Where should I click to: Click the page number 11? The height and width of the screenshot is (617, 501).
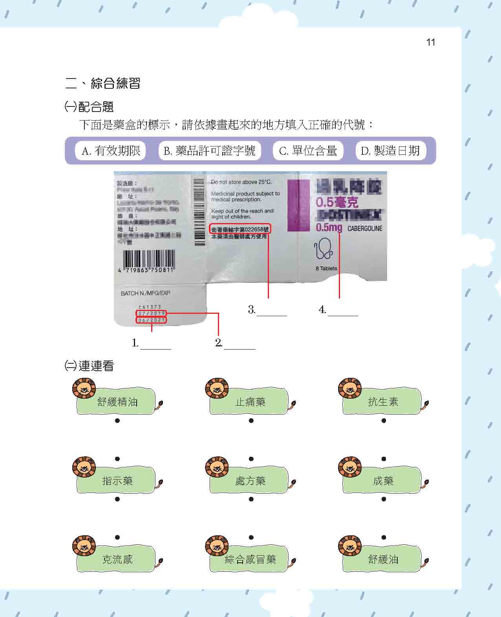pyautogui.click(x=430, y=42)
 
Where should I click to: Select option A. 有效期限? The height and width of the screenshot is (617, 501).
pyautogui.click(x=110, y=151)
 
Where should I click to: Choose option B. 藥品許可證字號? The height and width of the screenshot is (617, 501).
pyautogui.click(x=209, y=151)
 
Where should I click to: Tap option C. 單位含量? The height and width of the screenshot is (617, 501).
pyautogui.click(x=308, y=151)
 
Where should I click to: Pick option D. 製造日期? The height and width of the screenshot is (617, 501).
pyautogui.click(x=390, y=151)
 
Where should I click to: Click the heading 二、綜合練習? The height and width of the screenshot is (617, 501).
pyautogui.click(x=103, y=83)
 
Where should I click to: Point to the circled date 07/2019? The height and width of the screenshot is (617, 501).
pyautogui.click(x=152, y=313)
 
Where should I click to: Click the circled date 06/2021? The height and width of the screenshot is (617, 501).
pyautogui.click(x=152, y=320)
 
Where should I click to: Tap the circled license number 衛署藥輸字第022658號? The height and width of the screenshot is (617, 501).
pyautogui.click(x=240, y=229)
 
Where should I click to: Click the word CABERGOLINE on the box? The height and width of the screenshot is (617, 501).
pyautogui.click(x=365, y=229)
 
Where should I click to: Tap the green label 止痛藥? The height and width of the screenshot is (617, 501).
pyautogui.click(x=250, y=402)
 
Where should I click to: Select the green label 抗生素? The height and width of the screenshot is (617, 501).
pyautogui.click(x=383, y=402)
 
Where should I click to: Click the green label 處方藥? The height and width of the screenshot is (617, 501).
pyautogui.click(x=250, y=481)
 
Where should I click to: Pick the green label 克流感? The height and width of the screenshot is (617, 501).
pyautogui.click(x=117, y=559)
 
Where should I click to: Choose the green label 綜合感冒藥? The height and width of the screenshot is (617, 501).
pyautogui.click(x=250, y=559)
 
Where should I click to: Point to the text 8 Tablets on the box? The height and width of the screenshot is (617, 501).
pyautogui.click(x=326, y=269)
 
